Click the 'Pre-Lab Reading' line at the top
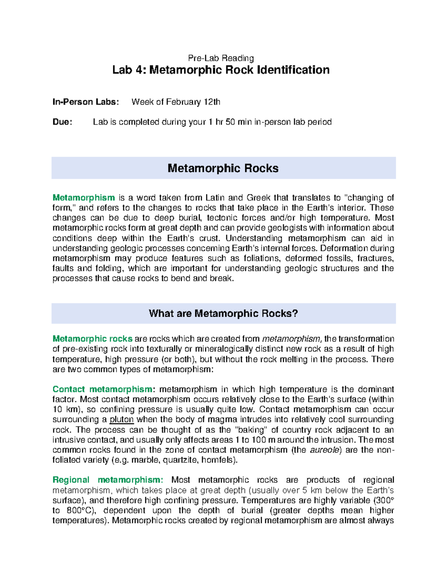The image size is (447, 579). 221,58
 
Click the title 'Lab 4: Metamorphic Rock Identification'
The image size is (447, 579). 221,70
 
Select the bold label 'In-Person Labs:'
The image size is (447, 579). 86,102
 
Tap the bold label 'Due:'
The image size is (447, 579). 62,122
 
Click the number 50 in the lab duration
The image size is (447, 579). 230,122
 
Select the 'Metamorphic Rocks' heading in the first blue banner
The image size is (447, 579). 223,169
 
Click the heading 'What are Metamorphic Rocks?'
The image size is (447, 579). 223,314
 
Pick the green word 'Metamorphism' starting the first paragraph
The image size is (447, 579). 83,198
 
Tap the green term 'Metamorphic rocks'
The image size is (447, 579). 92,339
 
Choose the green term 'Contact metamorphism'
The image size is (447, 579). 102,389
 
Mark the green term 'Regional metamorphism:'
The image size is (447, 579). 108,480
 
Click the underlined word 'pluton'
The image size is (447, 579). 121,420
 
